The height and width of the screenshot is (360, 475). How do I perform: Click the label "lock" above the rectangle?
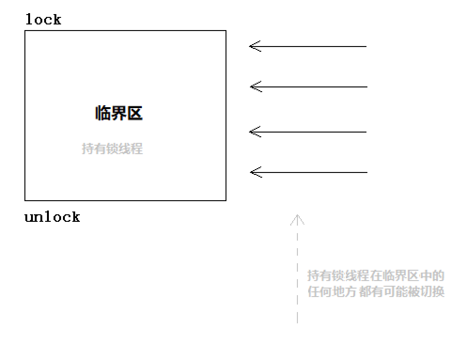[x=43, y=20]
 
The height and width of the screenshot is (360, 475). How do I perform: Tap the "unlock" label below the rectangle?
[x=52, y=217]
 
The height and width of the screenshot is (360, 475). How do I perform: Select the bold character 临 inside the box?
[x=103, y=113]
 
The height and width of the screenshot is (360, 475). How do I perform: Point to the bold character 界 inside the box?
[x=119, y=113]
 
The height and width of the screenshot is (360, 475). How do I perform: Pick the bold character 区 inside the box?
[x=135, y=113]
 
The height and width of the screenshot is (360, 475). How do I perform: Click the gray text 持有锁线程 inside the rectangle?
[x=112, y=149]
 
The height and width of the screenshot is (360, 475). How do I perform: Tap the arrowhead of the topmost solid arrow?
[x=251, y=47]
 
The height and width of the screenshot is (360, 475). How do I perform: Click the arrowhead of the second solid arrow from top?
[x=252, y=87]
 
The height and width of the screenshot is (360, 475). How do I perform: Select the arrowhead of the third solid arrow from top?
[x=251, y=132]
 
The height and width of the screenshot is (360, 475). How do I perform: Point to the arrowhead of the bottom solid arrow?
[x=252, y=172]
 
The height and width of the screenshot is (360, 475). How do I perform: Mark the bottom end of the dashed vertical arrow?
[x=297, y=322]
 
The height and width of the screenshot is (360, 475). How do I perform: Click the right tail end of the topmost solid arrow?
[x=366, y=47]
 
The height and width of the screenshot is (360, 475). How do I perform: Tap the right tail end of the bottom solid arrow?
[x=366, y=172]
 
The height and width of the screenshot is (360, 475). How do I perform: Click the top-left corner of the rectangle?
[x=25, y=31]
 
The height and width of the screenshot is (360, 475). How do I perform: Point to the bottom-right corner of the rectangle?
[x=226, y=201]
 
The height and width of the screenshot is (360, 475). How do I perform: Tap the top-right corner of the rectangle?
[x=226, y=31]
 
